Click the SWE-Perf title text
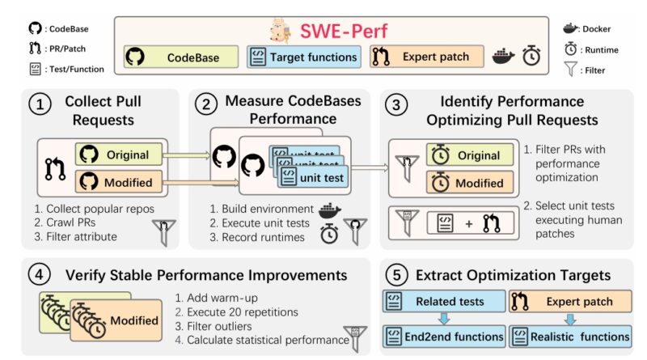pyautogui.click(x=344, y=31)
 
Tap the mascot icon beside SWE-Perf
pyautogui.click(x=281, y=31)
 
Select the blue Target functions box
pyautogui.click(x=304, y=57)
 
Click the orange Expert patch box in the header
pyautogui.click(x=427, y=56)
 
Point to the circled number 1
pyautogui.click(x=40, y=104)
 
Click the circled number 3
pyautogui.click(x=395, y=105)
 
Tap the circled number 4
pyautogui.click(x=39, y=273)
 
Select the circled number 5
pyautogui.click(x=396, y=274)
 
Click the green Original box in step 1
pyautogui.click(x=119, y=155)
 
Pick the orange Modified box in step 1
pyautogui.click(x=119, y=182)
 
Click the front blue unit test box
pyautogui.click(x=313, y=177)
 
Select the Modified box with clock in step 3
pyautogui.click(x=470, y=183)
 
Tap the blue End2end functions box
pyautogui.click(x=444, y=337)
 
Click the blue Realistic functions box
pyautogui.click(x=570, y=337)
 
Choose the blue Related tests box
pyautogui.click(x=444, y=301)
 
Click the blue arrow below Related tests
pyautogui.click(x=444, y=319)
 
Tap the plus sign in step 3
pyautogui.click(x=469, y=224)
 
